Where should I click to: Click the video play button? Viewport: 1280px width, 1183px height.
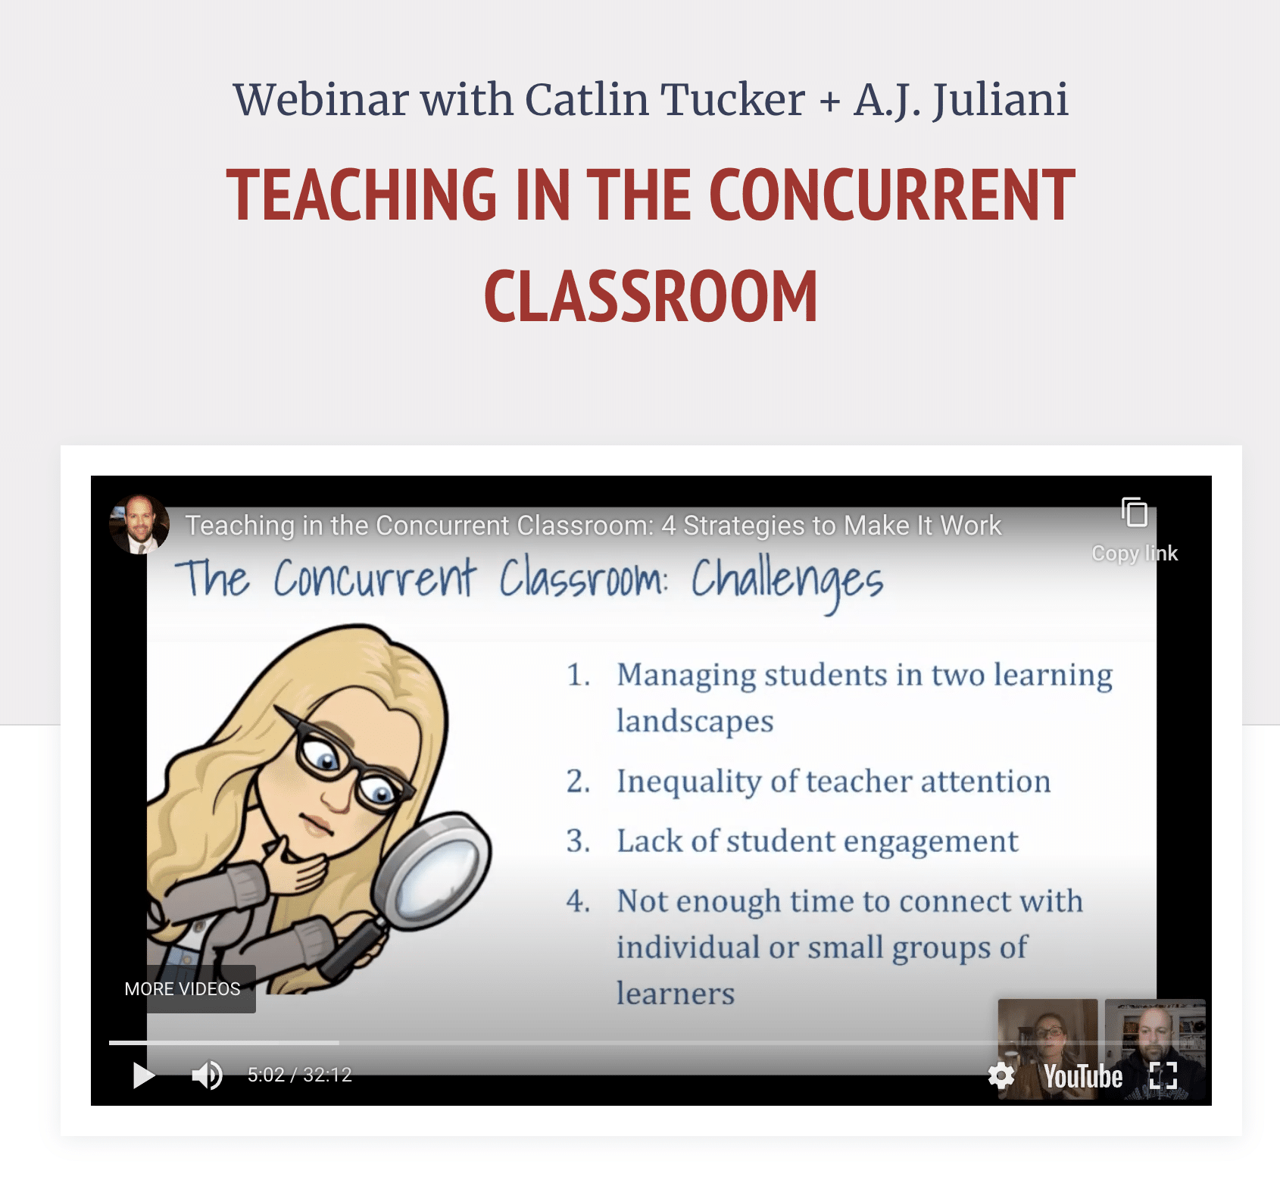(144, 1075)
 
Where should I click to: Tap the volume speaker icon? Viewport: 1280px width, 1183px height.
(207, 1075)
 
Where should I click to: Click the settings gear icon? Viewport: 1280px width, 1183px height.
(1001, 1075)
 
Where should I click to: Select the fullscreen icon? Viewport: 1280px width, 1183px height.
(1163, 1075)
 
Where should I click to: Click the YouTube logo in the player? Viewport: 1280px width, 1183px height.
(1083, 1076)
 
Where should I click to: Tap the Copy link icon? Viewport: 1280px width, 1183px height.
(1135, 512)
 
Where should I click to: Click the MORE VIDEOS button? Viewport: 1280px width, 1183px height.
(183, 989)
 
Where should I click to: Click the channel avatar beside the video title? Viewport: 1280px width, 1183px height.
(139, 524)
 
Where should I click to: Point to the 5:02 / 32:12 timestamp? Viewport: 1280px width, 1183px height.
(300, 1075)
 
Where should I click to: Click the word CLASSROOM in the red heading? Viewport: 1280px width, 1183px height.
(651, 297)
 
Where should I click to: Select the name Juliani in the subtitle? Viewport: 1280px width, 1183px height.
(1001, 100)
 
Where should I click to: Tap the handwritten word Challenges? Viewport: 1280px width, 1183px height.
(787, 582)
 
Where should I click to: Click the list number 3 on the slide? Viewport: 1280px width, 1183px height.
(578, 841)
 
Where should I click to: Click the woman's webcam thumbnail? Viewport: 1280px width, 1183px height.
(1047, 1048)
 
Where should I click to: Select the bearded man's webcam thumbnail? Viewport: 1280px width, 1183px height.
(1155, 1048)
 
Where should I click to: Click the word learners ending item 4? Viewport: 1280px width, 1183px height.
(676, 994)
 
